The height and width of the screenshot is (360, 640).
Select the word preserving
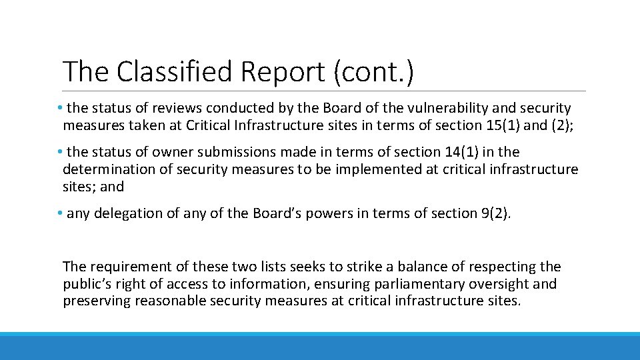coord(96,301)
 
